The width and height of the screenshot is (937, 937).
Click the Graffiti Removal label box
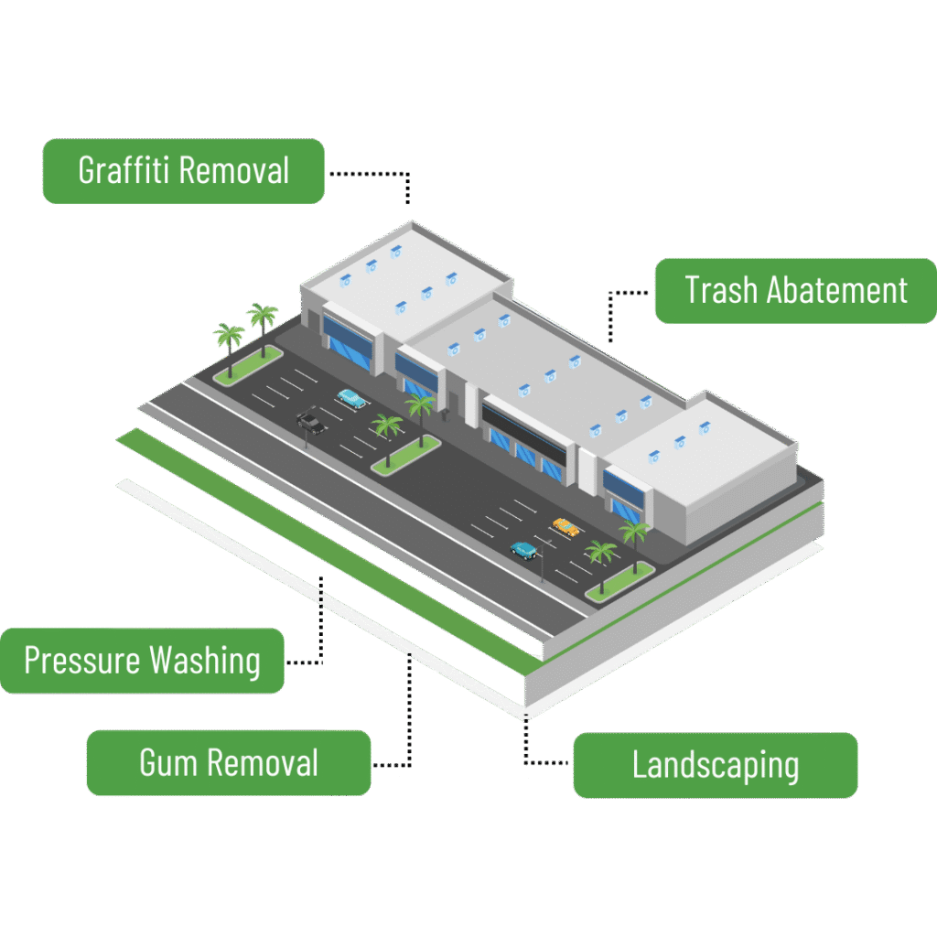click(x=183, y=171)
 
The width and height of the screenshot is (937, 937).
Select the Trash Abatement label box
click(x=795, y=291)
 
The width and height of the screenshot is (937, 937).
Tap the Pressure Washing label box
click(x=142, y=661)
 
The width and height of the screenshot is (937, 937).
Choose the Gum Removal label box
click(x=229, y=762)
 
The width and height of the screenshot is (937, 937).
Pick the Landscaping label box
click(x=715, y=765)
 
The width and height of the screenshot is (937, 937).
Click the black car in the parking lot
click(x=309, y=423)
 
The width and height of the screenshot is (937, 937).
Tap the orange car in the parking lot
click(x=565, y=526)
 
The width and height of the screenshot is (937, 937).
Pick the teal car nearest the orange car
click(x=524, y=550)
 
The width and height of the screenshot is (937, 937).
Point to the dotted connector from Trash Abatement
click(x=611, y=311)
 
